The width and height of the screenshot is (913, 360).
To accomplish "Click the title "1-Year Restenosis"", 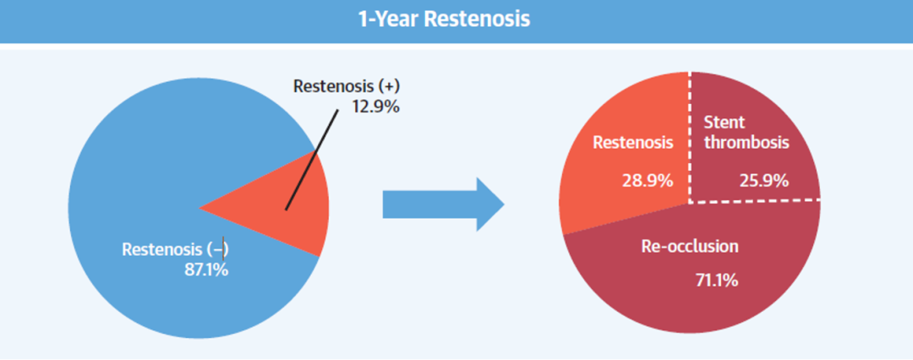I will coord(444,19).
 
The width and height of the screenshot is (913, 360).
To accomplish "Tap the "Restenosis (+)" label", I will coord(346,86).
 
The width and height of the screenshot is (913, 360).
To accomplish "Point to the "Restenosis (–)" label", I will coord(176,249).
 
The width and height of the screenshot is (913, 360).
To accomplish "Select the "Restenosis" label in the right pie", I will coord(632,143).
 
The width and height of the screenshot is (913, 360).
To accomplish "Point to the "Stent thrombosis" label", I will coord(744,133).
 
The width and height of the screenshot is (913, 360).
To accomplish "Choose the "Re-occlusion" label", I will coord(689,247).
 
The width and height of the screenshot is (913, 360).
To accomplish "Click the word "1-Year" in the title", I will coord(389,19).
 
